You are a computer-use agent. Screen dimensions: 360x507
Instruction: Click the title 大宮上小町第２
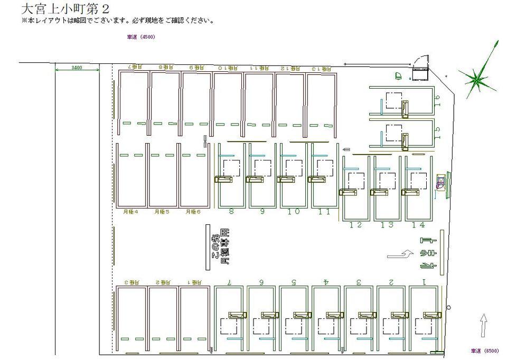(x=66, y=9)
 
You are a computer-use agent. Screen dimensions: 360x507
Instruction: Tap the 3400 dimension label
(x=77, y=68)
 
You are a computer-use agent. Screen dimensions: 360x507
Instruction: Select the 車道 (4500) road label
(x=141, y=37)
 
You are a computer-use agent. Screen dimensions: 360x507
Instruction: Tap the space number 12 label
(x=355, y=225)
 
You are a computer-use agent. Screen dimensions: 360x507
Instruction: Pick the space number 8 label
(x=231, y=212)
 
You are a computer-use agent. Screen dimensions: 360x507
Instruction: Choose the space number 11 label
(x=324, y=212)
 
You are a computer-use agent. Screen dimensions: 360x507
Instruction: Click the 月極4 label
(x=130, y=212)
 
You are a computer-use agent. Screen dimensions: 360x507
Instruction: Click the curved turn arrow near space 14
(x=401, y=254)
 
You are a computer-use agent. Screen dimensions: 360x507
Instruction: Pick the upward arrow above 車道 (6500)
(x=482, y=324)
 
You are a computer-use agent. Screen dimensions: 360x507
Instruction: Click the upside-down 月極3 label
(x=131, y=282)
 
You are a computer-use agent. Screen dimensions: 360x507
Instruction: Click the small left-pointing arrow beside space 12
(x=346, y=150)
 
